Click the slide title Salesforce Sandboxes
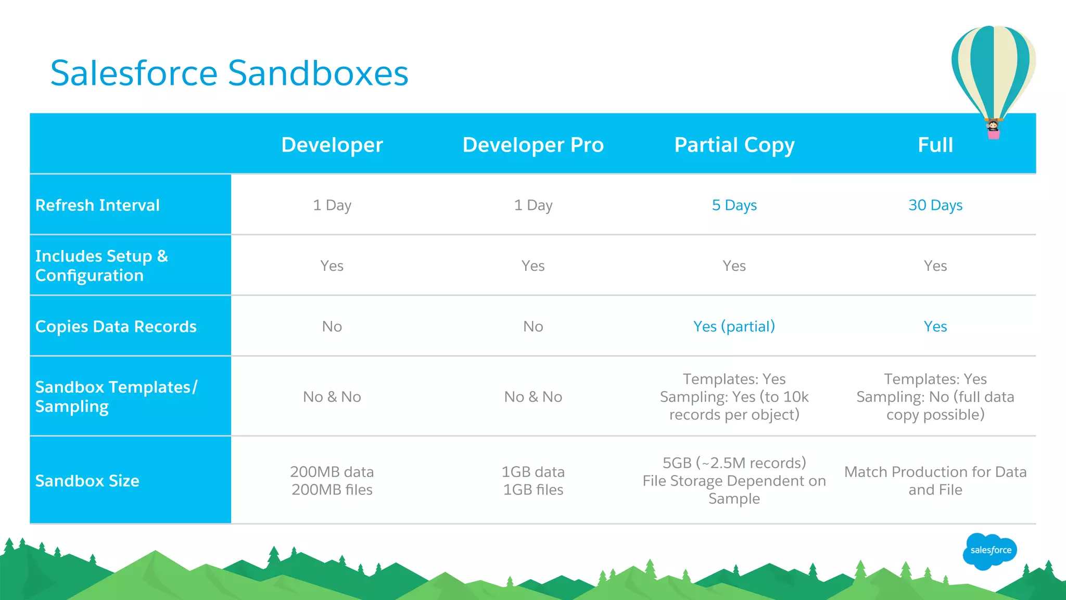point(229,73)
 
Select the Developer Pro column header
point(533,145)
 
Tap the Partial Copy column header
point(734,145)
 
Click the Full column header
point(935,145)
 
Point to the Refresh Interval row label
point(97,205)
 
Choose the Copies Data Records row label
point(116,327)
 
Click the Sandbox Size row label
point(87,481)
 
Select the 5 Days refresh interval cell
point(734,205)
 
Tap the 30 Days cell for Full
point(935,205)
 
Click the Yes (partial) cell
point(734,327)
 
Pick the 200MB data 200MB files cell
point(332,481)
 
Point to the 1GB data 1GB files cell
point(533,481)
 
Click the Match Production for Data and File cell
point(935,481)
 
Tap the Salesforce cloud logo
point(990,551)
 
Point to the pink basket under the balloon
point(994,134)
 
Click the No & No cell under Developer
point(332,397)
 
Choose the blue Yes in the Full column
point(935,327)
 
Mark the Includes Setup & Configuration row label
point(101,266)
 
